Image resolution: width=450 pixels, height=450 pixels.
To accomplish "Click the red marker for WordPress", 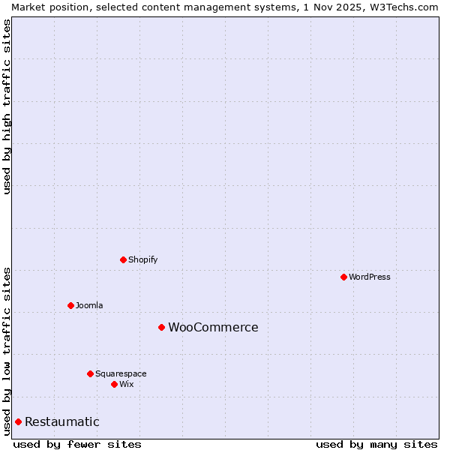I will click(x=343, y=277).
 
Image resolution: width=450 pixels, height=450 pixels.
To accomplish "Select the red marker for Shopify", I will click(x=123, y=259).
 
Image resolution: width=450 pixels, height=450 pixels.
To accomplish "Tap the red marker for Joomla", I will click(x=70, y=305).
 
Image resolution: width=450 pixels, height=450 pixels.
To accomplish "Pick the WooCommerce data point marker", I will click(x=161, y=327).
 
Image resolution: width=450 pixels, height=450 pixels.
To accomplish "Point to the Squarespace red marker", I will click(x=90, y=373).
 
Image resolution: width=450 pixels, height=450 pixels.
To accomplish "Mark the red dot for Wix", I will click(x=114, y=384).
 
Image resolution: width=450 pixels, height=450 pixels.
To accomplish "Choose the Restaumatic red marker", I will click(x=18, y=421).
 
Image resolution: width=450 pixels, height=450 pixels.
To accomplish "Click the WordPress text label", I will click(x=370, y=277).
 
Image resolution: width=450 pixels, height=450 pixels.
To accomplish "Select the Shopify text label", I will click(x=143, y=259).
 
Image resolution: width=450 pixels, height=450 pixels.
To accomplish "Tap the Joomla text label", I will click(x=89, y=305).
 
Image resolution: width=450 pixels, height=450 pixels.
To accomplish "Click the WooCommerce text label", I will click(x=213, y=327).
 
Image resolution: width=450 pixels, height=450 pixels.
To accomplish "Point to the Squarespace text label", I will click(x=121, y=373).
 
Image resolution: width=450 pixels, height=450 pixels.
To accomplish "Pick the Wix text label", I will click(x=127, y=384).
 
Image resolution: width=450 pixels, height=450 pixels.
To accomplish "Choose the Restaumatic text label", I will click(x=62, y=421).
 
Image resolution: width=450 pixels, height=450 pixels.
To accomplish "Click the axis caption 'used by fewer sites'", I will click(x=77, y=444).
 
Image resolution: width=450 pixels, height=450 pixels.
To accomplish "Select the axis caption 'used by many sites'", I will click(x=376, y=444).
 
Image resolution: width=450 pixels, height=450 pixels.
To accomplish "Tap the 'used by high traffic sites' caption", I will click(x=7, y=106).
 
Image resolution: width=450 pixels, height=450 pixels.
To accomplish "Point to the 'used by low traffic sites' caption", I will click(x=7, y=350).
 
